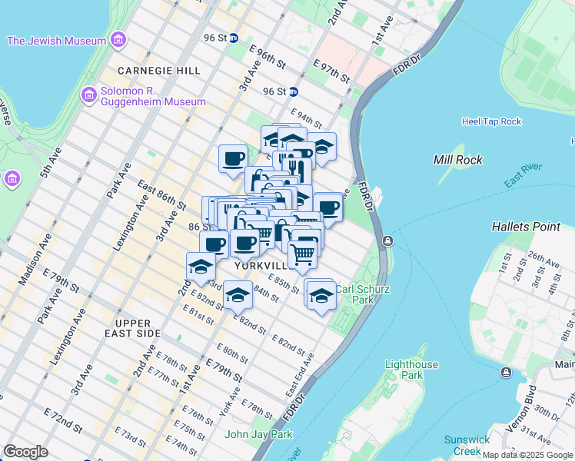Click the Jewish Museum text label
pos(56,41)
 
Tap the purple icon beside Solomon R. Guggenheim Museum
pos(88,95)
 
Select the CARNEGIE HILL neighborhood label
pos(159,71)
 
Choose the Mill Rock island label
pos(458,160)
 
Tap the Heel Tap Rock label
pos(491,121)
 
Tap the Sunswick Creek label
pos(467,446)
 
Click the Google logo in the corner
pos(26,451)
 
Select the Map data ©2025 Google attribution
pos(527,455)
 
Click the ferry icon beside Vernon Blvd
pos(506,373)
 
